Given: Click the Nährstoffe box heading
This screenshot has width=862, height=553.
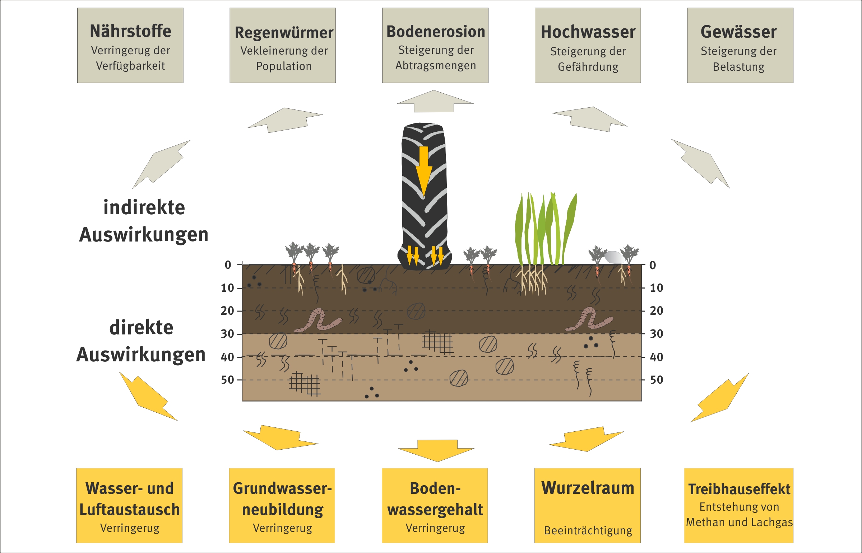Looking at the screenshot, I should [130, 31].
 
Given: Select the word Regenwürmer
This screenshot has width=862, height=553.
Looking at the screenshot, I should [284, 33].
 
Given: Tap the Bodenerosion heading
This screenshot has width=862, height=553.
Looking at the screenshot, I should [436, 32].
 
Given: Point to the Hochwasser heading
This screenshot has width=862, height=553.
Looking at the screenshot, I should [588, 32].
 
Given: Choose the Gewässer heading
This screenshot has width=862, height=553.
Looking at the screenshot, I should [738, 32].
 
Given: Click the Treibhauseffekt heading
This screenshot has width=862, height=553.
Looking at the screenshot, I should [739, 489].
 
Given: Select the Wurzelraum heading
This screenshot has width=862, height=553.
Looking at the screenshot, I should [588, 488].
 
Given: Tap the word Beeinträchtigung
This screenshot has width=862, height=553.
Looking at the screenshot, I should [588, 530].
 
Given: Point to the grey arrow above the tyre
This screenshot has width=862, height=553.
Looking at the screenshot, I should [435, 101].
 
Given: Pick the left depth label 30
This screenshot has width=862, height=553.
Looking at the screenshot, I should [227, 334].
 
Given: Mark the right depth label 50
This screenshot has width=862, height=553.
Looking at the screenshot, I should [657, 380].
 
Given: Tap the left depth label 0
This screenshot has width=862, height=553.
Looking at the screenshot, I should [228, 265].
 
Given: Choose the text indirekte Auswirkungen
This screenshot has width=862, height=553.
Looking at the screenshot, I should [144, 221].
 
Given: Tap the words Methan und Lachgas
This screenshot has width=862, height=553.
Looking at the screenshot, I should [739, 522].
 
